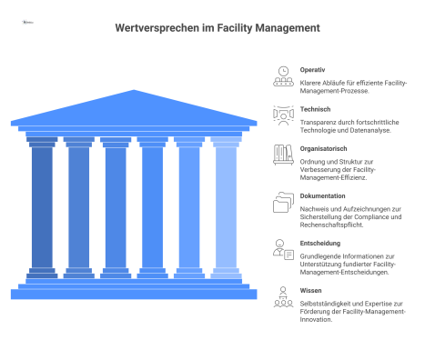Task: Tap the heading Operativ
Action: [x=314, y=69]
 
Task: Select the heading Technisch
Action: [x=317, y=108]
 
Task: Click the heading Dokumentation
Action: [x=323, y=195]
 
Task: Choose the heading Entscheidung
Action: [x=321, y=245]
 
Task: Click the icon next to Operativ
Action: [x=283, y=76]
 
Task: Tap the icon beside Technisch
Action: [x=283, y=115]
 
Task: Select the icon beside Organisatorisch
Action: [x=283, y=155]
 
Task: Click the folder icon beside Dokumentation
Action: [x=283, y=204]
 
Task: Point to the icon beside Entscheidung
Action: [x=283, y=250]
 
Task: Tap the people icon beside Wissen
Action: [x=283, y=295]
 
